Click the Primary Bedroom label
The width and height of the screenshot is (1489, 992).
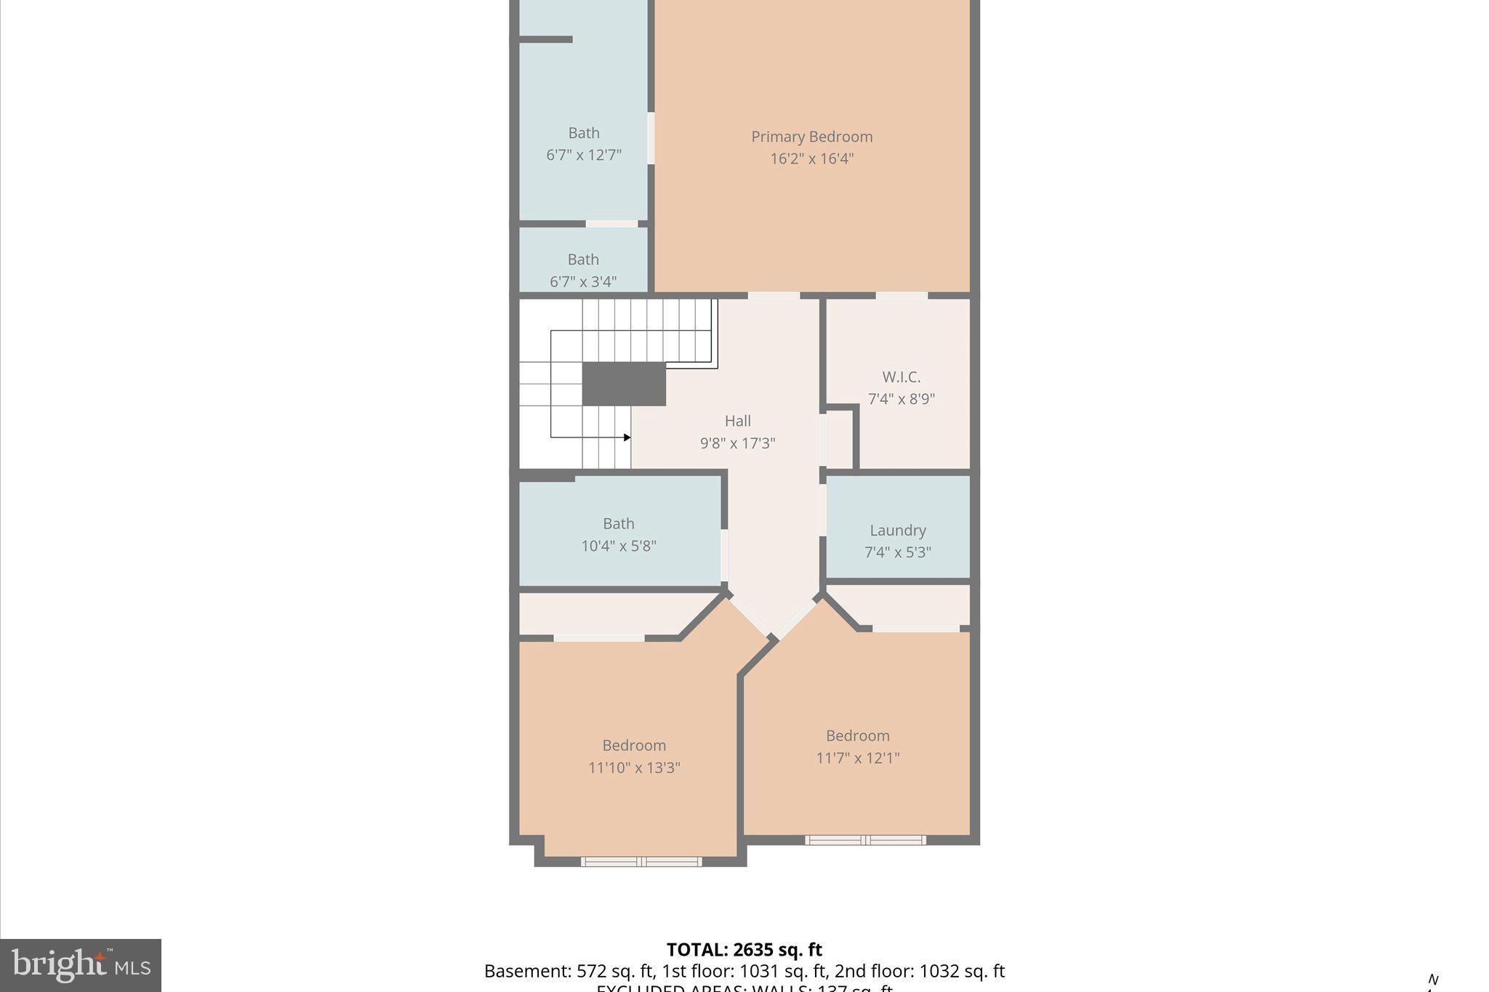(811, 137)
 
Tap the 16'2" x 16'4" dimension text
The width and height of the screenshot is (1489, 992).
(811, 158)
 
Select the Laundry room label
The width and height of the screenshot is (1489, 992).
(898, 531)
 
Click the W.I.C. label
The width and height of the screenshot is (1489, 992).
(901, 377)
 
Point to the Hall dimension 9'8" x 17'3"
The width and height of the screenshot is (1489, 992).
(737, 443)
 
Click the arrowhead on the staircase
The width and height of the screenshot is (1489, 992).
(627, 437)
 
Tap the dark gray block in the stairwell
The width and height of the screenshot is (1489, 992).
(624, 384)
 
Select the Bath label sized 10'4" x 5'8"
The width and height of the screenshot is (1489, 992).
(619, 524)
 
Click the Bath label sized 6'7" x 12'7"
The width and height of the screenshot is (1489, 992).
(584, 133)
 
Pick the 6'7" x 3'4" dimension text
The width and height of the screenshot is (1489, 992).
(583, 282)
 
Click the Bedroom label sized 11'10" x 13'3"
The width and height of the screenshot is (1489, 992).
(634, 746)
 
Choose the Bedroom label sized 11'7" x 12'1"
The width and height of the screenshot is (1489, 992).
(857, 736)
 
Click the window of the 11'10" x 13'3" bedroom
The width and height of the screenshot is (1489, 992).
(641, 862)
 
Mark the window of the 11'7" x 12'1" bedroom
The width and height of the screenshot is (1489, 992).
(864, 840)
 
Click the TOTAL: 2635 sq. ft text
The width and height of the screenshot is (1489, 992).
(744, 950)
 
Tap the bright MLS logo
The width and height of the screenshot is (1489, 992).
(81, 965)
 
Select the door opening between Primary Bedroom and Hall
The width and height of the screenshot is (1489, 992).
(774, 296)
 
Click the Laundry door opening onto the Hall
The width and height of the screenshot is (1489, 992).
(823, 509)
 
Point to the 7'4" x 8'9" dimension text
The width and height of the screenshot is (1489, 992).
(901, 399)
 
